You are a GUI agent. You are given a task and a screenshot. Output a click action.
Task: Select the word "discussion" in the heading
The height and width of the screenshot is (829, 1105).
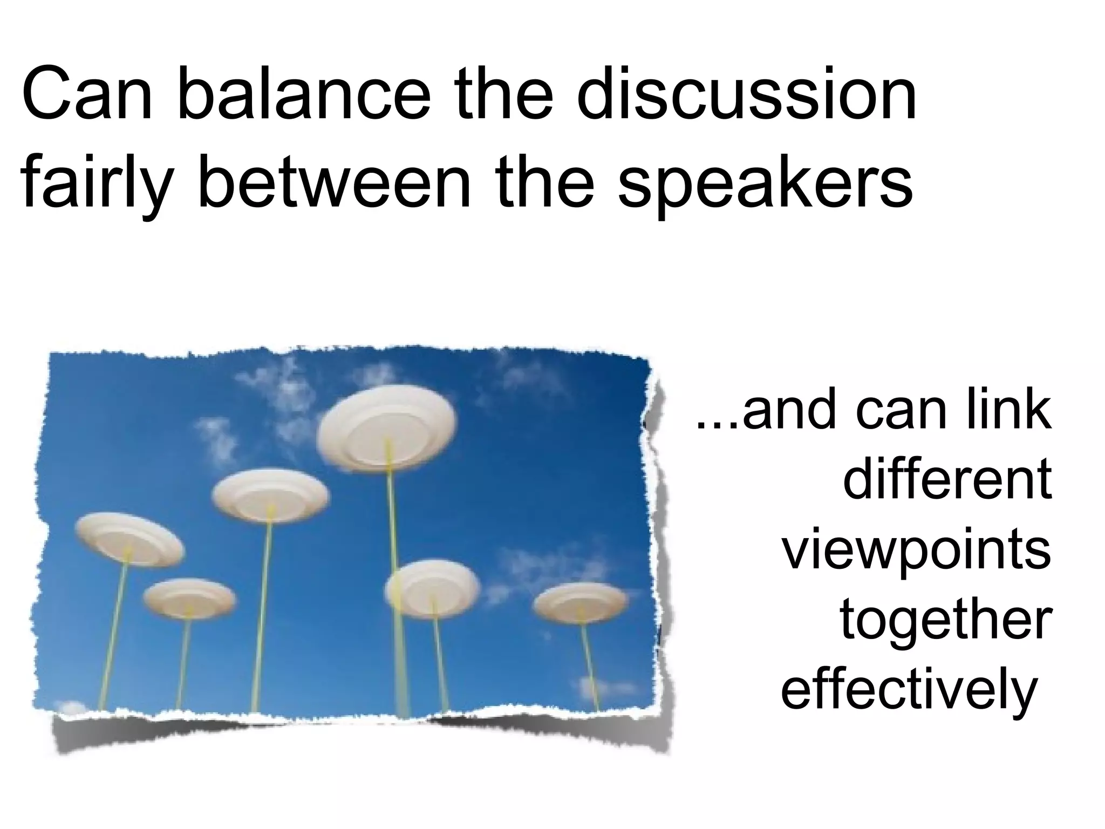(x=747, y=96)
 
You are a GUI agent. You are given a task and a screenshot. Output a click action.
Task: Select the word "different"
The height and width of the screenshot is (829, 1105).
(x=947, y=479)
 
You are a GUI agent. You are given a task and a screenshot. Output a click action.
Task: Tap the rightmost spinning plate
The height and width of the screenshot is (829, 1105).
(x=581, y=602)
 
